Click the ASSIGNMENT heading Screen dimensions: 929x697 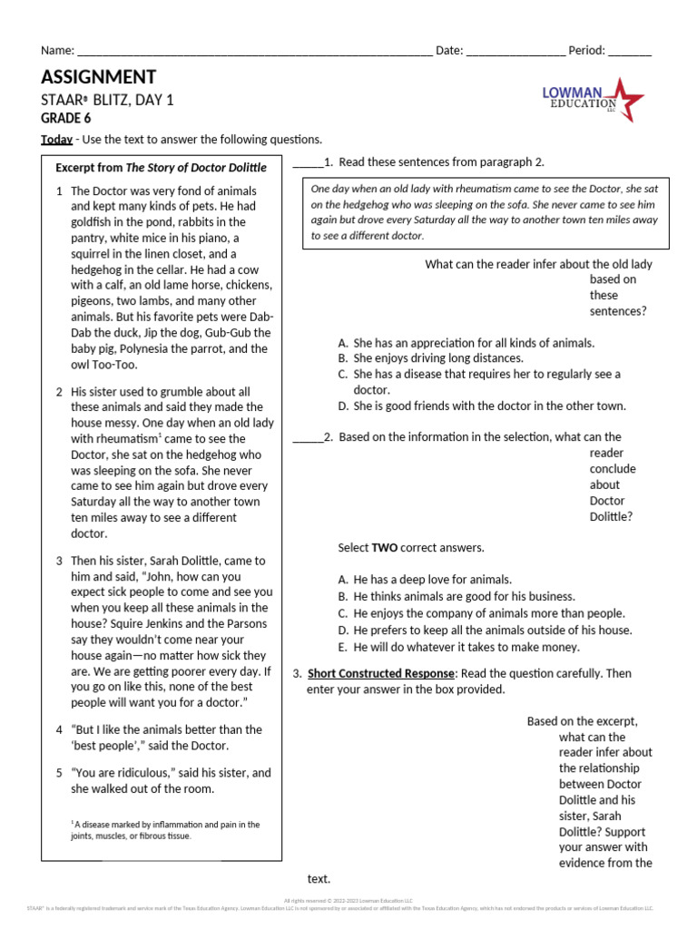[x=98, y=77]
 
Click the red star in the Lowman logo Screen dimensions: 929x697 [x=627, y=98]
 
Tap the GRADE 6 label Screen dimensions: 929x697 [x=65, y=118]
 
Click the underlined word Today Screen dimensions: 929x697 [x=56, y=139]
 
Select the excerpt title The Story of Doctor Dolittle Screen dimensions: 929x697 [x=196, y=168]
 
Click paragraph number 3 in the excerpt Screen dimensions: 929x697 [x=59, y=561]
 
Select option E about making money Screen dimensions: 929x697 [x=468, y=647]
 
